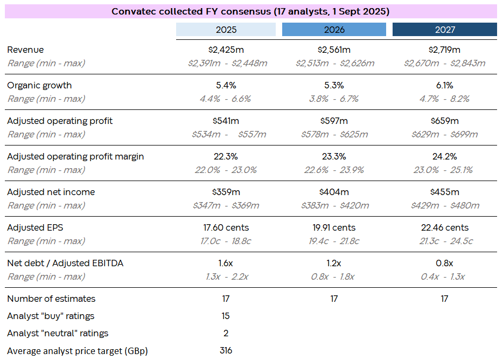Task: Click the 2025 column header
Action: pyautogui.click(x=226, y=30)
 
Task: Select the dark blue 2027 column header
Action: pyautogui.click(x=444, y=30)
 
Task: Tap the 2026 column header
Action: pyautogui.click(x=334, y=30)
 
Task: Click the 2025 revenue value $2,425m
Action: pyautogui.click(x=226, y=50)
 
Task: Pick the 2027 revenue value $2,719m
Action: pyautogui.click(x=444, y=50)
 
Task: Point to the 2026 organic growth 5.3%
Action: pyautogui.click(x=334, y=86)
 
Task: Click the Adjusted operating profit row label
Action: pyautogui.click(x=60, y=121)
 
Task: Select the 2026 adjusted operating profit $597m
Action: pyautogui.click(x=334, y=121)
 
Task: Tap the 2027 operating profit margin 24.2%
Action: pyautogui.click(x=444, y=157)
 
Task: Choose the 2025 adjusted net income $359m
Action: pyautogui.click(x=226, y=192)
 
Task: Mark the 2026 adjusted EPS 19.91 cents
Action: pyautogui.click(x=334, y=228)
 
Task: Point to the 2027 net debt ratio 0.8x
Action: pyautogui.click(x=444, y=264)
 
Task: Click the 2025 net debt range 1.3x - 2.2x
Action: pyautogui.click(x=226, y=277)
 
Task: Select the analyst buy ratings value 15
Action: pyautogui.click(x=226, y=316)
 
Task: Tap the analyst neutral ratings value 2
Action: pyautogui.click(x=226, y=334)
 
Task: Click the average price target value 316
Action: pyautogui.click(x=226, y=351)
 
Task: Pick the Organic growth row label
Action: pyautogui.click(x=39, y=86)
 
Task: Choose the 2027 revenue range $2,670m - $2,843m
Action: pyautogui.click(x=444, y=64)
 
